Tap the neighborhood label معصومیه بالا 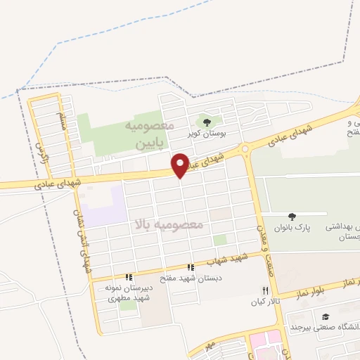click(169, 225)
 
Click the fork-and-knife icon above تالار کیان click(265, 290)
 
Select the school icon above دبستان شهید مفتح click(190, 267)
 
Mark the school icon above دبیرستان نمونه click(128, 277)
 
